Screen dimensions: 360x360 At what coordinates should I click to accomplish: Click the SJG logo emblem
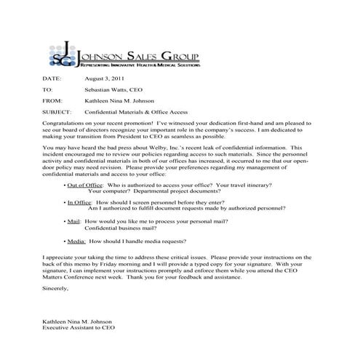60,52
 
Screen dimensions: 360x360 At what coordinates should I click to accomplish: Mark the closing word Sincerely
57,289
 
